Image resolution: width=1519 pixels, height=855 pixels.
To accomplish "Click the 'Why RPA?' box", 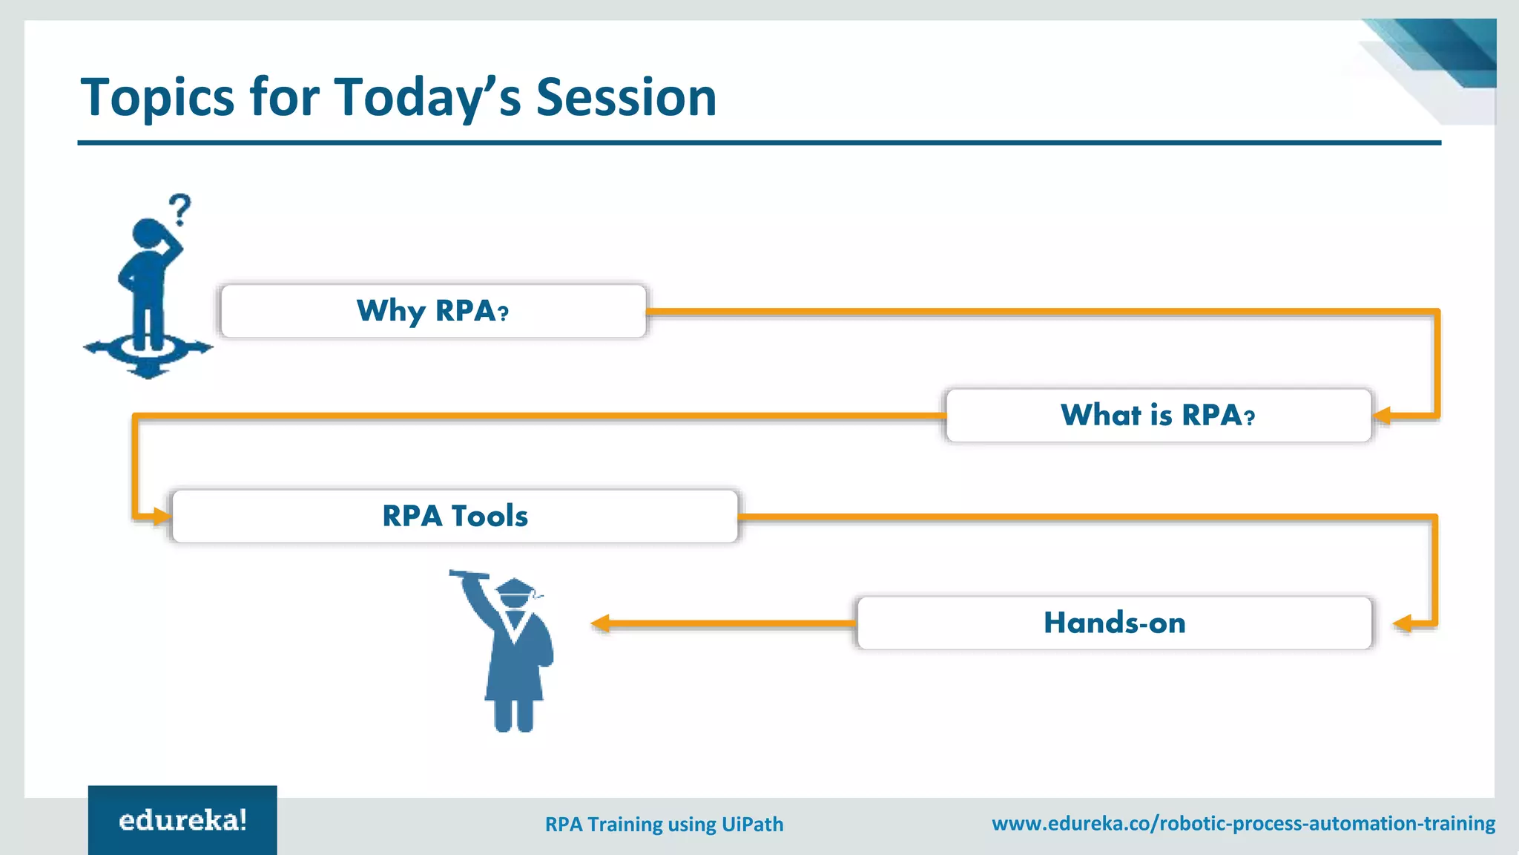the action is [433, 311].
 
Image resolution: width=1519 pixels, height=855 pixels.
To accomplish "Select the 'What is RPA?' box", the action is [1159, 416].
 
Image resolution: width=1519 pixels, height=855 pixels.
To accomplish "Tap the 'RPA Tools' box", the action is [455, 516].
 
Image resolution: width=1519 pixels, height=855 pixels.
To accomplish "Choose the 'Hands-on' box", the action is [1114, 623].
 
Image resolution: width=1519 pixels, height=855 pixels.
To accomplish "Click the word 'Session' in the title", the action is [626, 97].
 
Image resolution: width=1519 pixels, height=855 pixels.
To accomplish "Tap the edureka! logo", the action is [182, 820].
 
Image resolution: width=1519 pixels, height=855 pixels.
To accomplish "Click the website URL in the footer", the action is [1243, 824].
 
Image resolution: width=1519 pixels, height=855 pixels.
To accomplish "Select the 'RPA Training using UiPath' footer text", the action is [664, 825].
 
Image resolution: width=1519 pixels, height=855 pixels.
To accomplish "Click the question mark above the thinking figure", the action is [179, 210].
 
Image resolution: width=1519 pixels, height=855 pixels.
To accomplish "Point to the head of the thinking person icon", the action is [151, 232].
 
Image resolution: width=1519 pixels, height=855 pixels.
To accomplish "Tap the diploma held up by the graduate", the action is [469, 574].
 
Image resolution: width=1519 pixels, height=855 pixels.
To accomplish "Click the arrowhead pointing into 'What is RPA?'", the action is [1382, 416].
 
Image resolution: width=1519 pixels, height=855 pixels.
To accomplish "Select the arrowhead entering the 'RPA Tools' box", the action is [162, 516].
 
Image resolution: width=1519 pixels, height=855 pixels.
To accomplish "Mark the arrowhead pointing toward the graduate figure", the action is [601, 623].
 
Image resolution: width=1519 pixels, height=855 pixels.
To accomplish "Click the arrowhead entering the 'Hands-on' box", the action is [1403, 623].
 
